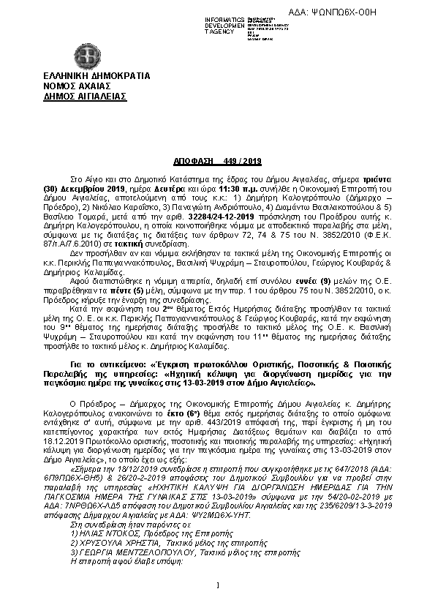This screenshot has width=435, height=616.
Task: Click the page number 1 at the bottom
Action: [217, 585]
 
